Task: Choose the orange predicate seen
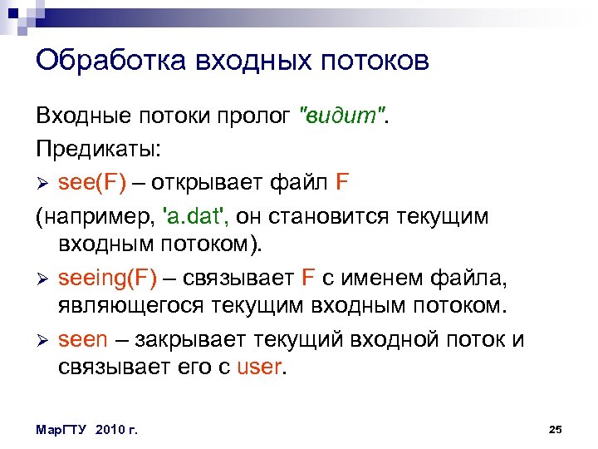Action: (83, 339)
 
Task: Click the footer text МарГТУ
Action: (63, 429)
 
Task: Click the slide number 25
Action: (556, 428)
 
